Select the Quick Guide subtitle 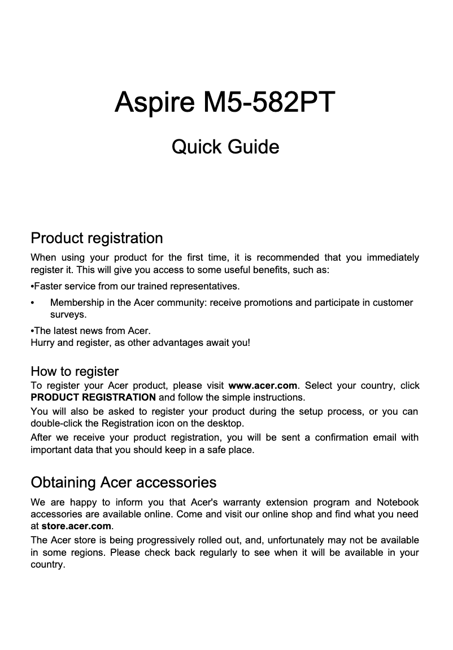pyautogui.click(x=225, y=147)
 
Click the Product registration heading pyautogui.click(x=97, y=238)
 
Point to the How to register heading pyautogui.click(x=75, y=372)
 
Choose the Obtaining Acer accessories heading pyautogui.click(x=123, y=483)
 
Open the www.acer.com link pyautogui.click(x=262, y=386)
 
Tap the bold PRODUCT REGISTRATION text pyautogui.click(x=93, y=397)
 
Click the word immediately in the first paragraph pyautogui.click(x=393, y=258)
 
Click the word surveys pyautogui.click(x=68, y=314)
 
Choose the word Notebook pyautogui.click(x=398, y=502)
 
